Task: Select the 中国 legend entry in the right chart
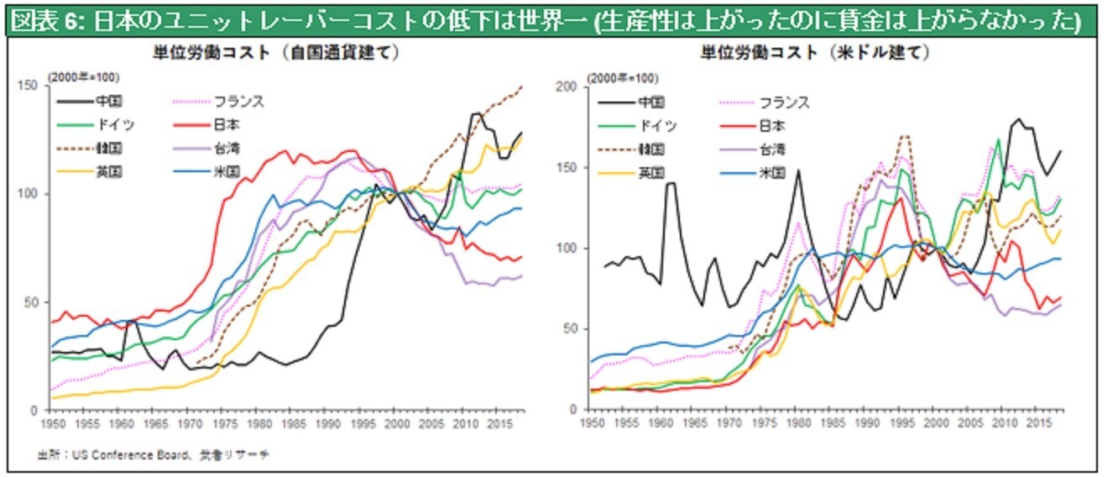click(651, 102)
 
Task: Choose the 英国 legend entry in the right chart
click(651, 173)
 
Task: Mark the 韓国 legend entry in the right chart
click(651, 149)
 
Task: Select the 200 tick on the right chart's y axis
click(567, 86)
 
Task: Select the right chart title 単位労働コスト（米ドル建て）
click(815, 52)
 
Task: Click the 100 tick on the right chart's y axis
click(567, 248)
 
